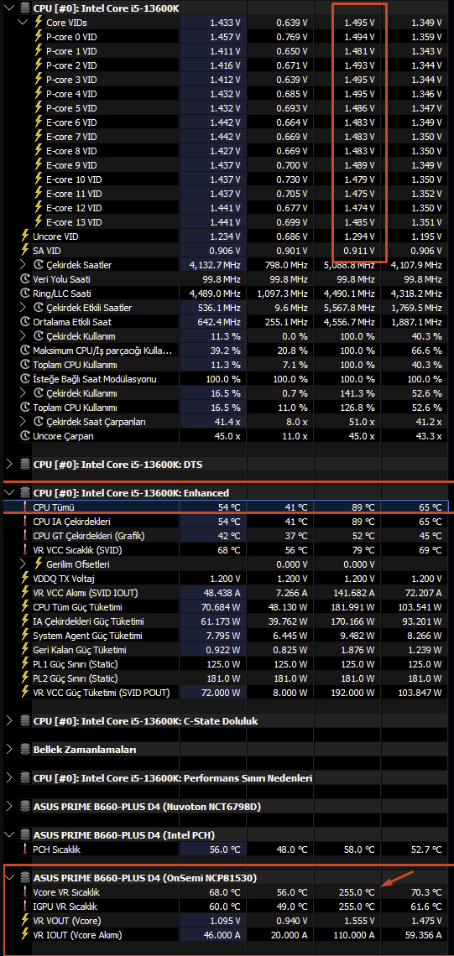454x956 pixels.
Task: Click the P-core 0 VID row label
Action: pyautogui.click(x=71, y=37)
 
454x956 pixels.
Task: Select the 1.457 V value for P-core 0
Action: pyautogui.click(x=225, y=37)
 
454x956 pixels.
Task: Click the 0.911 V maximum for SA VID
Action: pyautogui.click(x=359, y=251)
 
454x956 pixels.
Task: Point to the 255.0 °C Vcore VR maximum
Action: pyautogui.click(x=357, y=892)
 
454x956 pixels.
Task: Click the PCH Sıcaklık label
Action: pyautogui.click(x=56, y=849)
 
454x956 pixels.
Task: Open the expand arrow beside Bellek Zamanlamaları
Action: pyautogui.click(x=8, y=750)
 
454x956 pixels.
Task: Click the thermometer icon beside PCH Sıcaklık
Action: pyautogui.click(x=25, y=849)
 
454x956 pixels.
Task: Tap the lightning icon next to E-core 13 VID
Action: pyautogui.click(x=39, y=222)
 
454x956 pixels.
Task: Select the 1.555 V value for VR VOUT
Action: pyautogui.click(x=359, y=921)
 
